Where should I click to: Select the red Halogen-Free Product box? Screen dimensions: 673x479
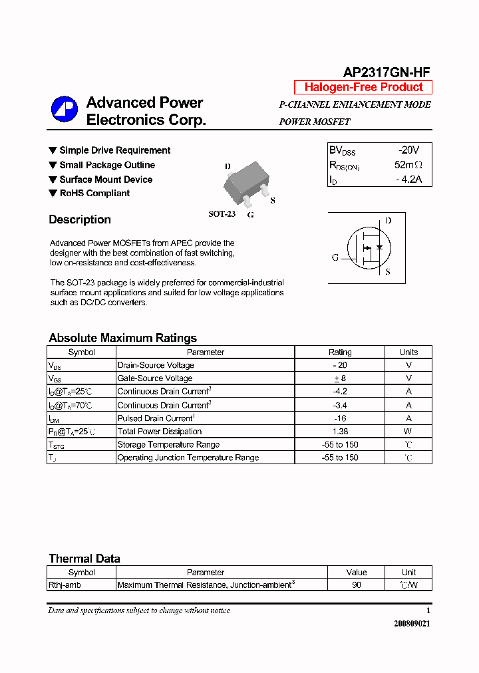coord(363,87)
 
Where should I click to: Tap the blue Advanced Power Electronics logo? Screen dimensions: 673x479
coord(65,110)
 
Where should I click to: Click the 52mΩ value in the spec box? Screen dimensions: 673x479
coord(408,165)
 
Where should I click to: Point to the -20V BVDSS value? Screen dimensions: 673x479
coord(408,150)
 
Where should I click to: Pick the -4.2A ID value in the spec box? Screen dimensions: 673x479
coord(408,180)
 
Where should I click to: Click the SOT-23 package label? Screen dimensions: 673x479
coord(222,214)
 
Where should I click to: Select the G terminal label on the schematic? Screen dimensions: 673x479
coord(335,257)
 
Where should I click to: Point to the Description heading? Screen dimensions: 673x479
coord(80,219)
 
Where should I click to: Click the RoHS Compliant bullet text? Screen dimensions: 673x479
coord(94,194)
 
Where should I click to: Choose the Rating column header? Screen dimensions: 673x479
coord(340,352)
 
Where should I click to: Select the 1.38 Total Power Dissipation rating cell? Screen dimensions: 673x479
coord(340,432)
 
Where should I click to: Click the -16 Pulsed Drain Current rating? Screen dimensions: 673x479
coord(340,418)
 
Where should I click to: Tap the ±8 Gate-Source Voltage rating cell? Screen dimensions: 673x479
coord(340,378)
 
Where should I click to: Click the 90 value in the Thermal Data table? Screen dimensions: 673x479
coord(357,585)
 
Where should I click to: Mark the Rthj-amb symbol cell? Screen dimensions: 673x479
coord(65,585)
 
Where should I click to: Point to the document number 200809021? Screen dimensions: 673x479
coord(412,624)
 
